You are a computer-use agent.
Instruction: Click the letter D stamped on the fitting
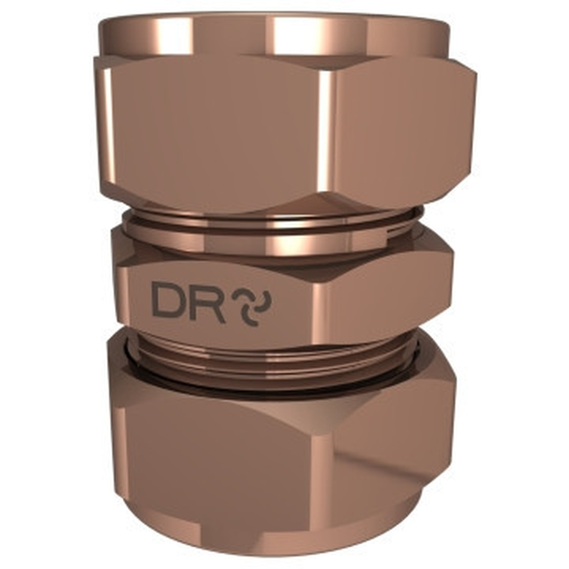click(x=168, y=300)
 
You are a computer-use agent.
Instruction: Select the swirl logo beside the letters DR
click(x=255, y=306)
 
